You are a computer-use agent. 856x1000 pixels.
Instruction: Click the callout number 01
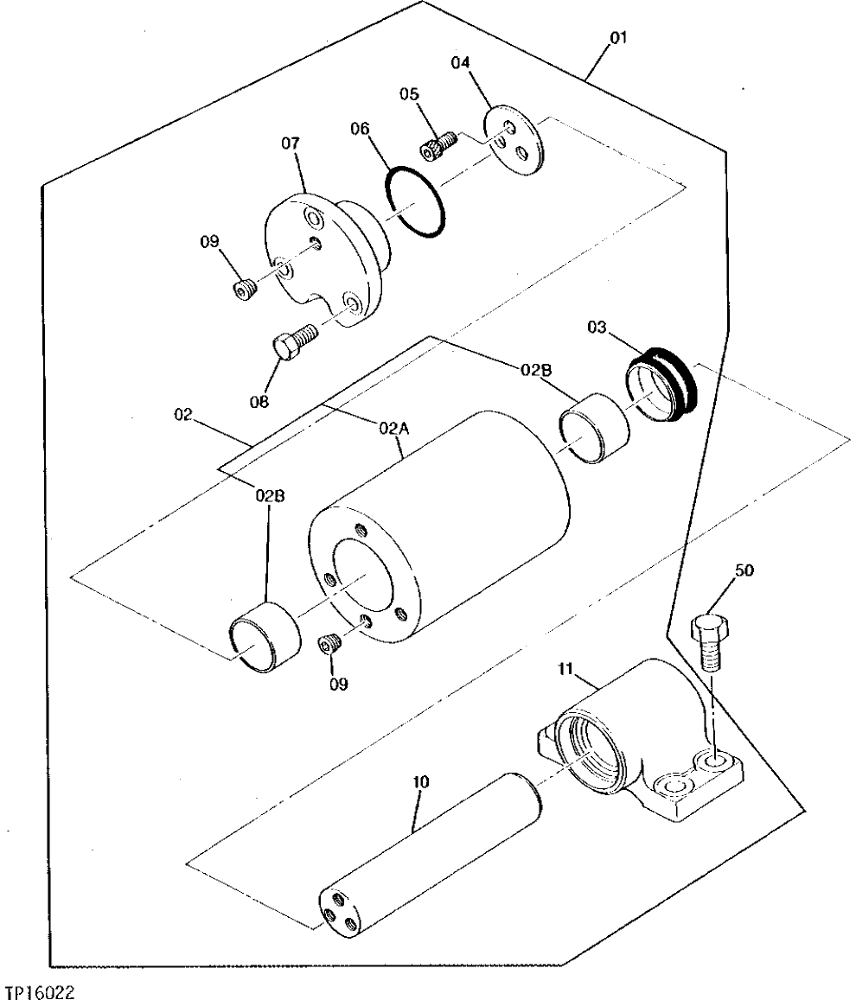pos(619,38)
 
